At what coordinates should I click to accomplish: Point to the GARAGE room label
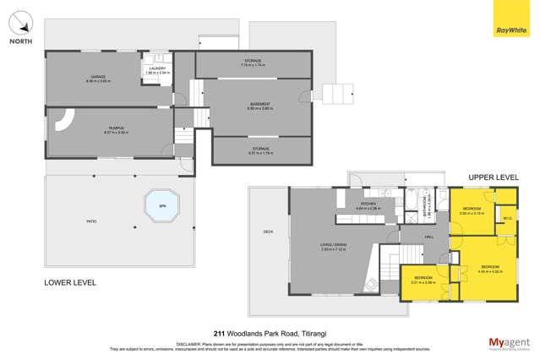pos(96,76)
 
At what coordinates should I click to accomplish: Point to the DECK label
pos(267,232)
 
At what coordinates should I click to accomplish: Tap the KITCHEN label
pos(369,203)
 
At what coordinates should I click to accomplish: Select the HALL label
pos(428,237)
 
